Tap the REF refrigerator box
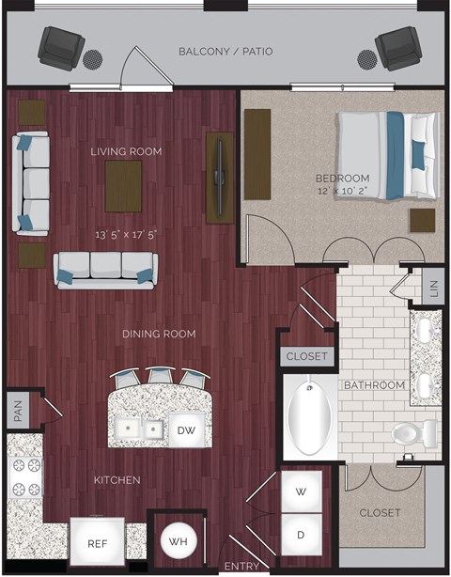[x=98, y=542]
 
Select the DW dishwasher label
[x=185, y=429]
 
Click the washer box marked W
[x=302, y=491]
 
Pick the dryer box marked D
[x=302, y=535]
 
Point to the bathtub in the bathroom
[x=309, y=417]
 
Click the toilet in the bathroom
[x=414, y=433]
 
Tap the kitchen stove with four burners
[x=24, y=476]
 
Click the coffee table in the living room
[x=124, y=186]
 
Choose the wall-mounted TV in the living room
[x=220, y=177]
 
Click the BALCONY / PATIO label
[x=225, y=51]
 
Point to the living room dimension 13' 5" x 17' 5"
[x=125, y=235]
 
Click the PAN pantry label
[x=17, y=410]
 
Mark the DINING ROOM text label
[x=159, y=334]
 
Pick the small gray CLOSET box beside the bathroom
[x=306, y=356]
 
